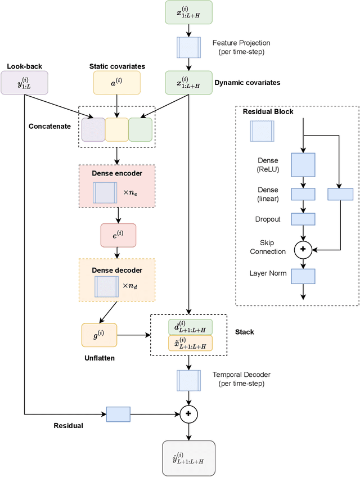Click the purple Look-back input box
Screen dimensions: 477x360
pos(24,82)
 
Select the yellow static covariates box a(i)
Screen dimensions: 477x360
pos(116,82)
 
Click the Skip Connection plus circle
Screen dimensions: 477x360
pos(303,248)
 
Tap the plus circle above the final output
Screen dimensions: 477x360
pos(189,414)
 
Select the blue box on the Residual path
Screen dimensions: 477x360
pos(118,414)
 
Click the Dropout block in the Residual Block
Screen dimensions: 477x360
pos(303,219)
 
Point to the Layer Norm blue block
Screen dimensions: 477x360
pos(303,276)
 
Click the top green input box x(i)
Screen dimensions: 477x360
pos(189,12)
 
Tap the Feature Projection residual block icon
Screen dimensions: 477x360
pos(189,47)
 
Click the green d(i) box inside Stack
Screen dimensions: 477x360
pos(190,327)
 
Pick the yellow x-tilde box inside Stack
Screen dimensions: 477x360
pos(190,343)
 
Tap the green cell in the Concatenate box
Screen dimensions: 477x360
pos(140,129)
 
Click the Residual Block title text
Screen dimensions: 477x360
pos(268,111)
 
